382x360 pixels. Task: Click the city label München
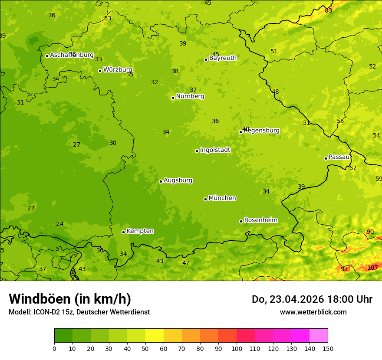[x=222, y=198]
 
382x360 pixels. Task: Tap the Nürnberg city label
[x=190, y=96]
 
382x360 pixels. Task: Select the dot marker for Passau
[x=326, y=158]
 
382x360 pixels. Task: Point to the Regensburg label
[x=262, y=131]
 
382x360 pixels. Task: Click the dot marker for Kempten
[x=123, y=232]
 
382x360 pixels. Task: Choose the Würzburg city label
[x=118, y=70]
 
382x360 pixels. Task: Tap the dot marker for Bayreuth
[x=206, y=59]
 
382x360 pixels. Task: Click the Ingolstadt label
[x=215, y=150]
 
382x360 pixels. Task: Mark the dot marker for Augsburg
[x=161, y=181]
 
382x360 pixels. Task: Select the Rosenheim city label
[x=261, y=220]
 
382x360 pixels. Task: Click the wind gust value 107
[x=372, y=268]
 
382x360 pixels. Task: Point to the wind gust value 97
[x=344, y=269]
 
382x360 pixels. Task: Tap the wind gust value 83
[x=329, y=10]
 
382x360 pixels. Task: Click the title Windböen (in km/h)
[x=70, y=299]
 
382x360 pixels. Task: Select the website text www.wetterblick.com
[x=313, y=312]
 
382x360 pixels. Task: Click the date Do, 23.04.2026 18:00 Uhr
[x=312, y=299]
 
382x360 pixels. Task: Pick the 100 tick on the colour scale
[x=237, y=348]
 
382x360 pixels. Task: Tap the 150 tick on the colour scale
[x=328, y=348]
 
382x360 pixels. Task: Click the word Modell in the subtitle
[x=19, y=312]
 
